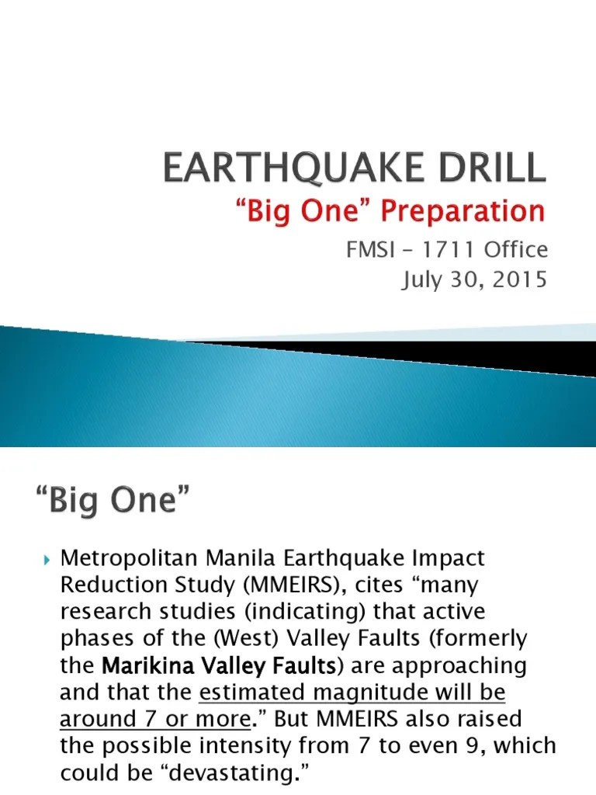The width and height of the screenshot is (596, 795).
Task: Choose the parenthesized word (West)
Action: (x=234, y=639)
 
